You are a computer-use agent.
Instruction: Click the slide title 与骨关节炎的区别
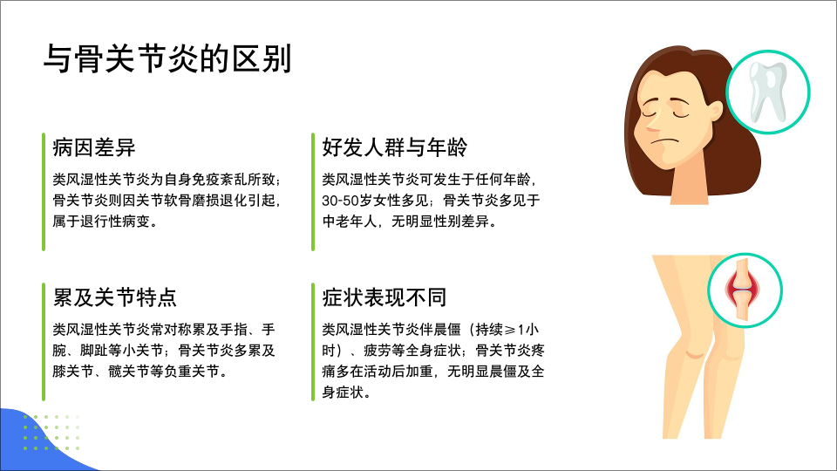coord(167,58)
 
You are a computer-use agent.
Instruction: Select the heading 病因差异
coord(94,147)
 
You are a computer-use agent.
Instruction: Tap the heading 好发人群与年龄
coord(394,147)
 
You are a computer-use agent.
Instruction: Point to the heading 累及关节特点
coord(115,297)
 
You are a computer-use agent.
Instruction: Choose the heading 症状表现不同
coord(384,297)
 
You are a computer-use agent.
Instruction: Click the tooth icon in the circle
coord(768,91)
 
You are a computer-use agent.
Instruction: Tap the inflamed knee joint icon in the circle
coord(741,290)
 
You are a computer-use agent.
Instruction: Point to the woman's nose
coord(653,123)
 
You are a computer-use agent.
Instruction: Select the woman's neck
coord(689,187)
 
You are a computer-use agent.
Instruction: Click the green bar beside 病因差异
coord(44,192)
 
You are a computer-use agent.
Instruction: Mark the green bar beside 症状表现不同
coord(313,342)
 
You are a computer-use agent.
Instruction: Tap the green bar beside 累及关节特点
coord(44,342)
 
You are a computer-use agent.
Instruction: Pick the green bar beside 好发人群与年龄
coord(313,192)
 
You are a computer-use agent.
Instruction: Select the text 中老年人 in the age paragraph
coord(349,222)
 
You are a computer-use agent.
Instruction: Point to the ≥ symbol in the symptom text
coord(510,330)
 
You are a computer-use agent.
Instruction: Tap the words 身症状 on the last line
coord(343,392)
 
